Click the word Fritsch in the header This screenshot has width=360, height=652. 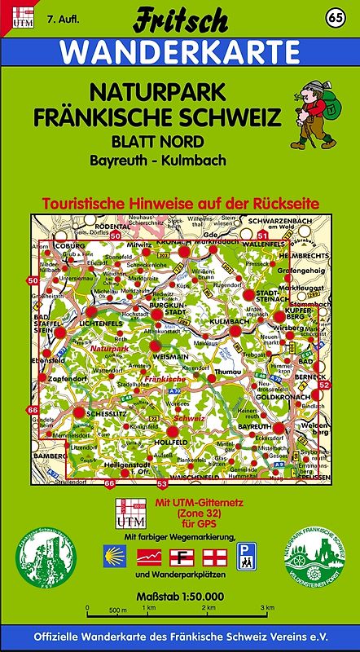tap(181, 18)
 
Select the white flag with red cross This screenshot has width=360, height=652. tap(211, 557)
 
